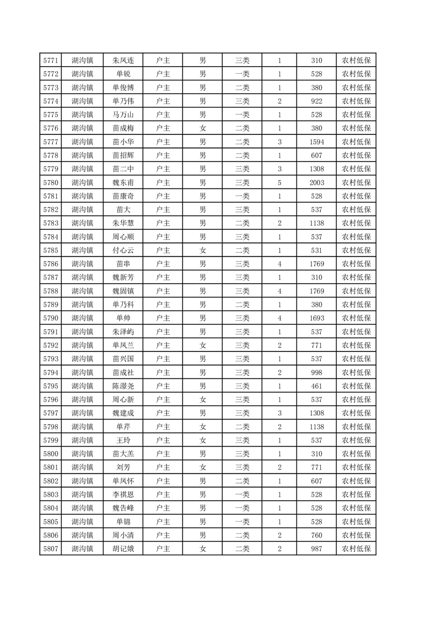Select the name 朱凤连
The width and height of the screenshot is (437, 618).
(x=123, y=61)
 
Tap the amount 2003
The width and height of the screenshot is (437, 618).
(x=316, y=182)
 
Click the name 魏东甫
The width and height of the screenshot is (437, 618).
(x=123, y=182)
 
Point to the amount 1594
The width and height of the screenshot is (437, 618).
(x=316, y=142)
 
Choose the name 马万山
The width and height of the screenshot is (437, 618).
(x=123, y=115)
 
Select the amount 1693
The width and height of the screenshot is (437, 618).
(x=316, y=318)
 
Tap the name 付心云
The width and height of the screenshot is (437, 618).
(x=123, y=250)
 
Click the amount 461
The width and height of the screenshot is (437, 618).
(x=316, y=386)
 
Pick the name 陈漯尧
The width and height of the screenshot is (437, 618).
(x=123, y=386)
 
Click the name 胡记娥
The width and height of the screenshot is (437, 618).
(x=123, y=548)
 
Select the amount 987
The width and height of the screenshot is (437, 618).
(x=316, y=548)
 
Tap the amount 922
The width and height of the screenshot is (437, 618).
(x=316, y=101)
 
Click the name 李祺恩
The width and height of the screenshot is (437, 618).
(x=123, y=494)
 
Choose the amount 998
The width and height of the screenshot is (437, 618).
(x=316, y=372)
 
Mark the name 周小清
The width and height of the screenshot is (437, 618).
(x=123, y=534)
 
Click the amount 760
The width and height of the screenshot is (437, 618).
(x=316, y=534)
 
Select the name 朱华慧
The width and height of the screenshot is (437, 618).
(x=123, y=223)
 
